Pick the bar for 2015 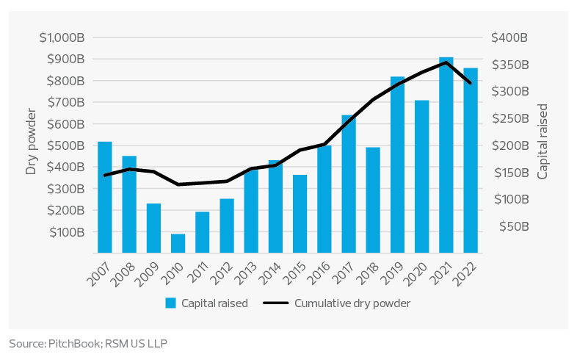pyautogui.click(x=300, y=214)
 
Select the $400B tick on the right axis pyautogui.click(x=509, y=37)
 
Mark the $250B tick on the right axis pyautogui.click(x=509, y=118)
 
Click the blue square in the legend pyautogui.click(x=170, y=303)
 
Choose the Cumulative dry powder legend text pyautogui.click(x=352, y=303)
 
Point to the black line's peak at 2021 pyautogui.click(x=446, y=62)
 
